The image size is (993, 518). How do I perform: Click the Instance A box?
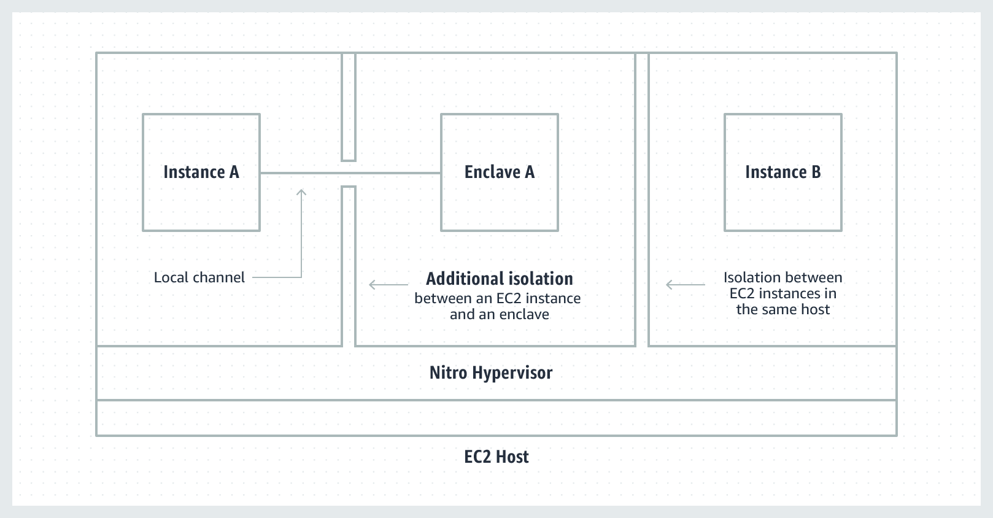[201, 172]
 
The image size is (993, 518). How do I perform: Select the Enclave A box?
[499, 172]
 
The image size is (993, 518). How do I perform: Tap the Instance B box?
[782, 172]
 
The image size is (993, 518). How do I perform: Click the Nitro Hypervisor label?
[490, 373]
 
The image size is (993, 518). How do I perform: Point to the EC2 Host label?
[496, 457]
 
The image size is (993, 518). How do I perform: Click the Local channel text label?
[199, 277]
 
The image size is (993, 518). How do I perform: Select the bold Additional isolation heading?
[499, 279]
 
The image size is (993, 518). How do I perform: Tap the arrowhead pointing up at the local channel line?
[301, 193]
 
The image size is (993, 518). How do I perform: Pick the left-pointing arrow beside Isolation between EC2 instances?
[685, 285]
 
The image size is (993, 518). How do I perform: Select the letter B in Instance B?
[816, 172]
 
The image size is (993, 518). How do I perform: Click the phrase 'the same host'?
[782, 309]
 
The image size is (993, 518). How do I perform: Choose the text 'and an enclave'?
[499, 314]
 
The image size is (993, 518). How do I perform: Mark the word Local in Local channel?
[171, 277]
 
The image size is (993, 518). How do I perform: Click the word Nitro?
[449, 373]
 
